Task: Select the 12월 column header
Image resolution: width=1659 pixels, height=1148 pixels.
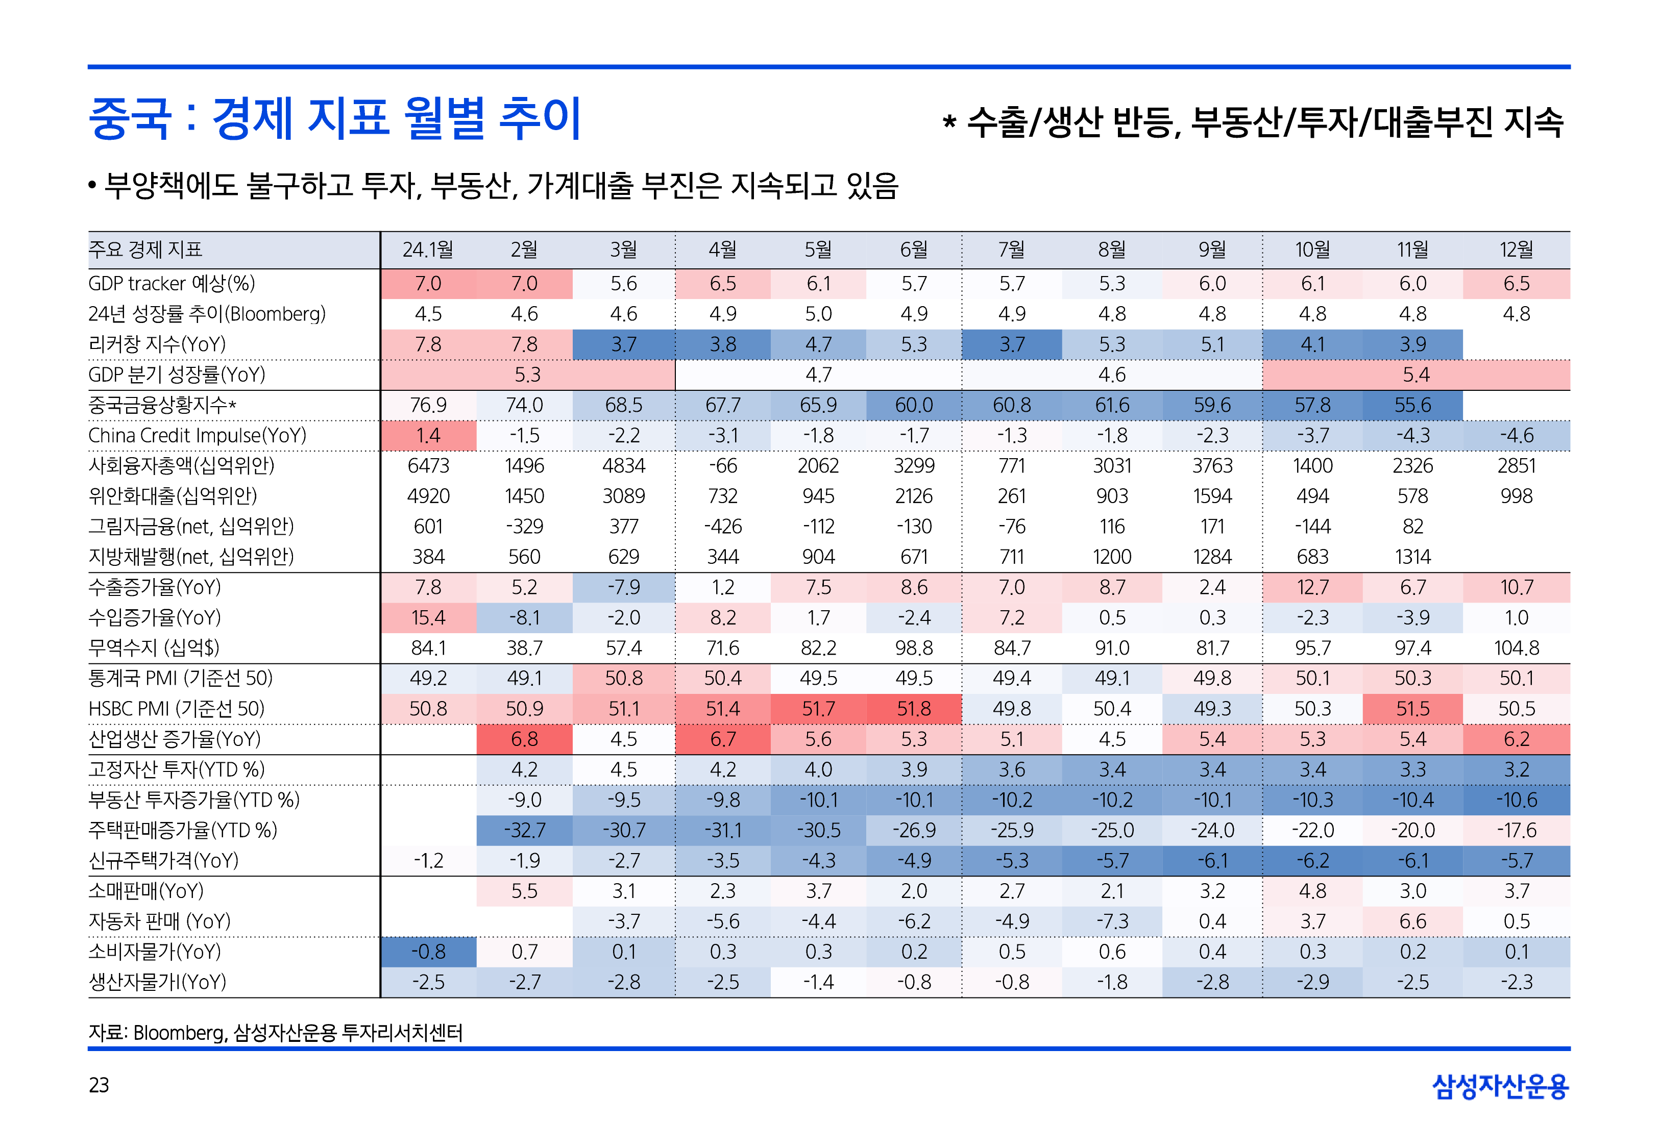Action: (1516, 249)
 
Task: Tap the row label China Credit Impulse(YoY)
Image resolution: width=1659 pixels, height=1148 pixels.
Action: (197, 436)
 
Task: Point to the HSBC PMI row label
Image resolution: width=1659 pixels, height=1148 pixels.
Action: (176, 709)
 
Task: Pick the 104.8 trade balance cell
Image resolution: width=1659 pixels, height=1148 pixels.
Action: (1516, 648)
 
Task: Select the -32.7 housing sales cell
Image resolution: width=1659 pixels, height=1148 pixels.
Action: (524, 831)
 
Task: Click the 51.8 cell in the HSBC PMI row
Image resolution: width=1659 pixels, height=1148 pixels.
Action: (914, 709)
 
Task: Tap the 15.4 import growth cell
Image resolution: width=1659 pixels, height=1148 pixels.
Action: (428, 618)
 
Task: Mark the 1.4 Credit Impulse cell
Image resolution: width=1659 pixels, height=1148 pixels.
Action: (428, 436)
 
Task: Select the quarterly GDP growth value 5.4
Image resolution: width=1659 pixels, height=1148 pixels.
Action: (1415, 375)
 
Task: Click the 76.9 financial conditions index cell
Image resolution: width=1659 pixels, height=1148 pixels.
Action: (428, 406)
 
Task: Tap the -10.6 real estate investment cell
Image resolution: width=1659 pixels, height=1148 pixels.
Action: (1516, 801)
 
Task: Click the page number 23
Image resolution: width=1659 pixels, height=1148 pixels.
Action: (99, 1085)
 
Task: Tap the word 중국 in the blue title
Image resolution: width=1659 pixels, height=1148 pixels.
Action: (130, 119)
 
